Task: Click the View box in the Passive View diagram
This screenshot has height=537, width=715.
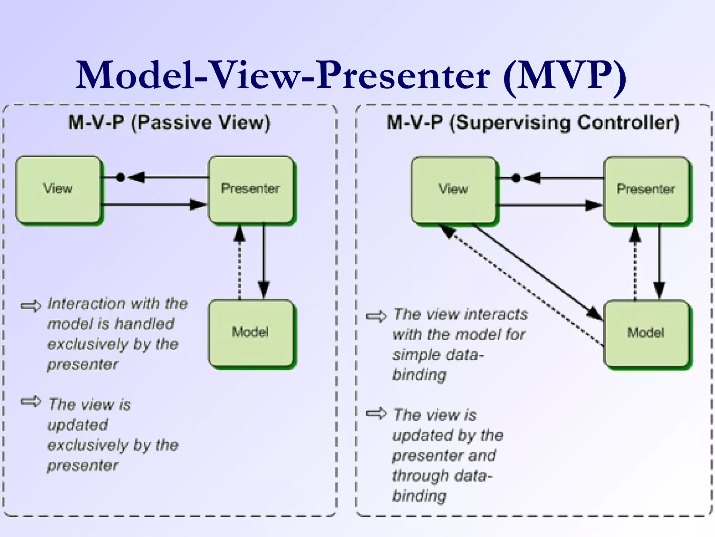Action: pyautogui.click(x=58, y=189)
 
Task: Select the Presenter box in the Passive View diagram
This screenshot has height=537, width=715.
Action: pyautogui.click(x=251, y=189)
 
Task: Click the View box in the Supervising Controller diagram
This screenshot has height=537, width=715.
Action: pyautogui.click(x=453, y=189)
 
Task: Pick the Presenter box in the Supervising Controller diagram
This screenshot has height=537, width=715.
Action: pyautogui.click(x=646, y=189)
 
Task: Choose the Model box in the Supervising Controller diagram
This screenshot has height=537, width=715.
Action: pyautogui.click(x=646, y=333)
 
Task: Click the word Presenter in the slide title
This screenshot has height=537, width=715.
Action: pyautogui.click(x=403, y=75)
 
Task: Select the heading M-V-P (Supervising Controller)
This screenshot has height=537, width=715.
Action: pyautogui.click(x=533, y=123)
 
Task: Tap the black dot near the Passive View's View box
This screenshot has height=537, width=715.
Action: pyautogui.click(x=120, y=178)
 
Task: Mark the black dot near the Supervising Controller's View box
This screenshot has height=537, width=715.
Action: pyautogui.click(x=516, y=178)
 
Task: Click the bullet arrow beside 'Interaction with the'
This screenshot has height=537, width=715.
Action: pyautogui.click(x=31, y=306)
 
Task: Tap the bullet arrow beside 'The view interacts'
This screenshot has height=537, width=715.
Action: pyautogui.click(x=376, y=316)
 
